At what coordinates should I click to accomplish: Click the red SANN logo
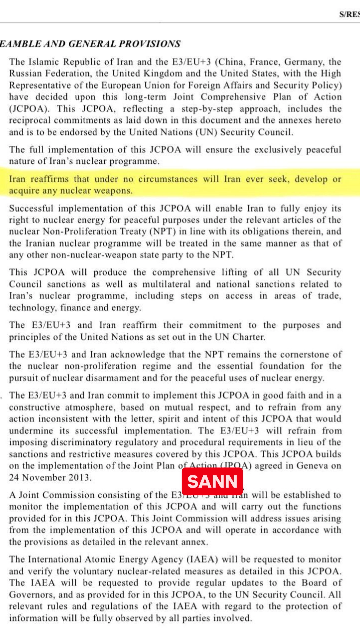coord(212,481)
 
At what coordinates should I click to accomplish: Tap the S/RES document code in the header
coord(349,14)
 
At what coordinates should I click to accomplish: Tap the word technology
coord(29,308)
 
